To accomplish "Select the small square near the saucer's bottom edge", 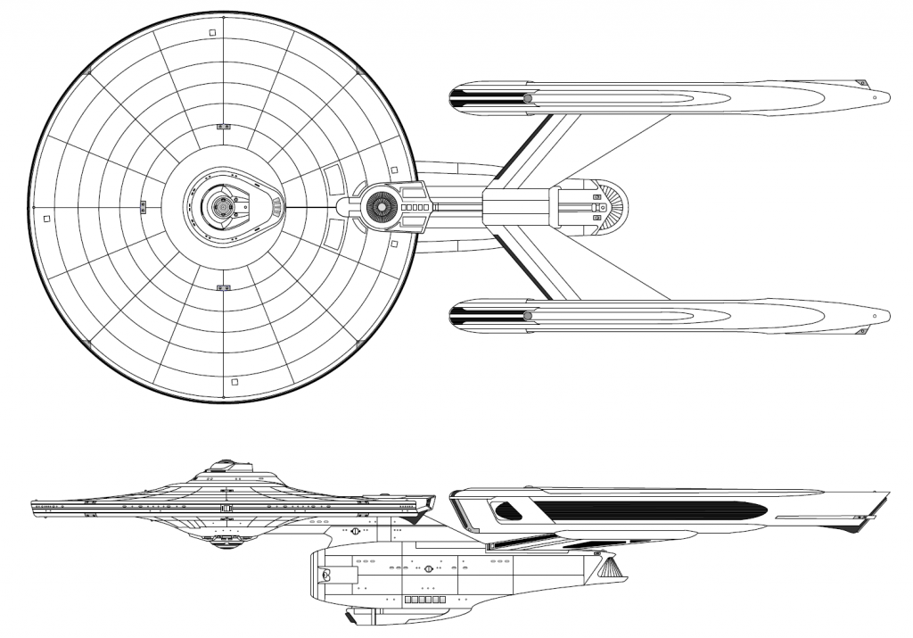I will pos(234,382).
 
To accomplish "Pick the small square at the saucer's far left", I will pos(46,217).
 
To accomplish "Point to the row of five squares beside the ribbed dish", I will pos(417,206).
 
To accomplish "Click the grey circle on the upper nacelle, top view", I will pos(528,97).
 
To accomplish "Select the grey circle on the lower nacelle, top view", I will pos(528,315).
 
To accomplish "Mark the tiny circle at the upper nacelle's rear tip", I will pos(876,96).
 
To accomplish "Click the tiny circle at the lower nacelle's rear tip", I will pos(876,316).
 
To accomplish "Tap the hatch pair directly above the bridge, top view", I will pos(222,126).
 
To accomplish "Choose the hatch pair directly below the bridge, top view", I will pos(223,287).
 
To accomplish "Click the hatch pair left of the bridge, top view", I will pos(143,207).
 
